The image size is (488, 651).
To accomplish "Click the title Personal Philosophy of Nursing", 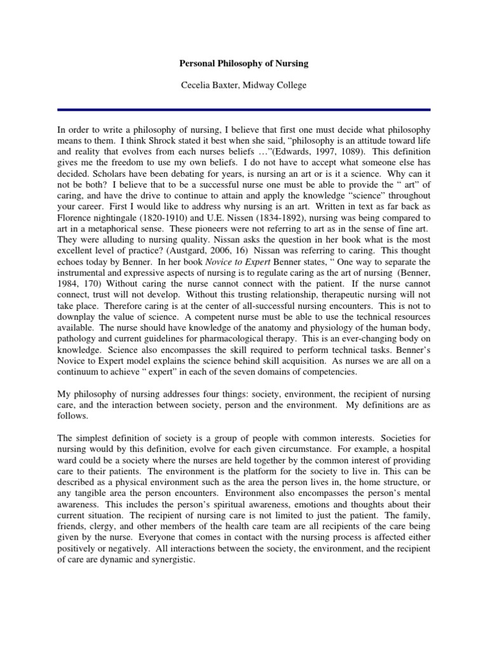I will (x=244, y=64).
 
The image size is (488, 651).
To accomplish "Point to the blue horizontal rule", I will (x=244, y=109).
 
